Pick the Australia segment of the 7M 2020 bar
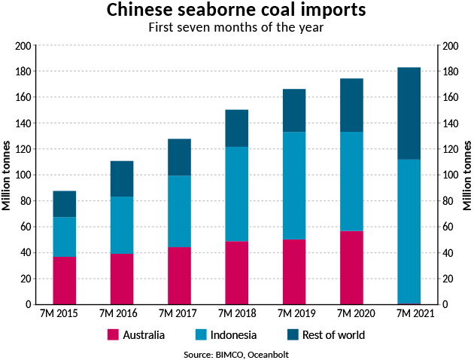point(351,267)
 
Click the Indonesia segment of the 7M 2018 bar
point(236,194)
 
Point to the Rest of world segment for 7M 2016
point(122,178)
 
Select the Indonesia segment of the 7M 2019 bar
point(294,185)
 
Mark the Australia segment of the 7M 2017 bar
point(179,275)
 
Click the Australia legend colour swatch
point(114,334)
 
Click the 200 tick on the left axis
point(23,46)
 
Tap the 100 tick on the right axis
point(450,175)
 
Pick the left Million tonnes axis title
point(7,175)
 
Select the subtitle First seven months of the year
point(236,29)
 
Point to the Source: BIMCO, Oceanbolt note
point(236,352)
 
